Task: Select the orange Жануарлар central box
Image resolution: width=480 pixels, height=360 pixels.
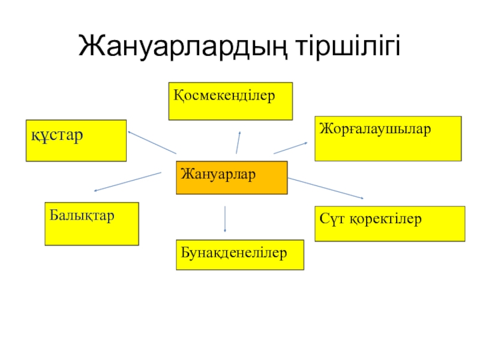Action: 232,178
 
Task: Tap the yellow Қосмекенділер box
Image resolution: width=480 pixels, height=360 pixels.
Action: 230,101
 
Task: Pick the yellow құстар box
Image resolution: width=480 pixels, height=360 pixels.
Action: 76,140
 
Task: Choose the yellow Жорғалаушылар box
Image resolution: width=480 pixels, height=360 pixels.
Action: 388,139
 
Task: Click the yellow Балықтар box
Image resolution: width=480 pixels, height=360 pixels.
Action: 92,224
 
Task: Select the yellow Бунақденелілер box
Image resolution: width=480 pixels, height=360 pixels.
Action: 239,254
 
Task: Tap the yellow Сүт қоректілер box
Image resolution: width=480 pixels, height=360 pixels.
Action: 389,224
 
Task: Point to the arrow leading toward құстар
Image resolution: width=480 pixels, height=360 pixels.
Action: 152,143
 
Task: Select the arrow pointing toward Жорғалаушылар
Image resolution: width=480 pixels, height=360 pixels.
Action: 290,148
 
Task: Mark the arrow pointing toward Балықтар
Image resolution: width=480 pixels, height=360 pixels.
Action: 128,182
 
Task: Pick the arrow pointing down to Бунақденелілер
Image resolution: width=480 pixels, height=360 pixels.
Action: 225,219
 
